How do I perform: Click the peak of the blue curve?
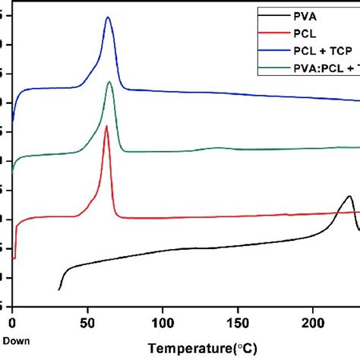point(108,17)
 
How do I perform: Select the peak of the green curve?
point(109,82)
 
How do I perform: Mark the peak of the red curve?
point(106,126)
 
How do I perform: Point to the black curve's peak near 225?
point(349,196)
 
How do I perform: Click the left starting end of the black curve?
point(59,289)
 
